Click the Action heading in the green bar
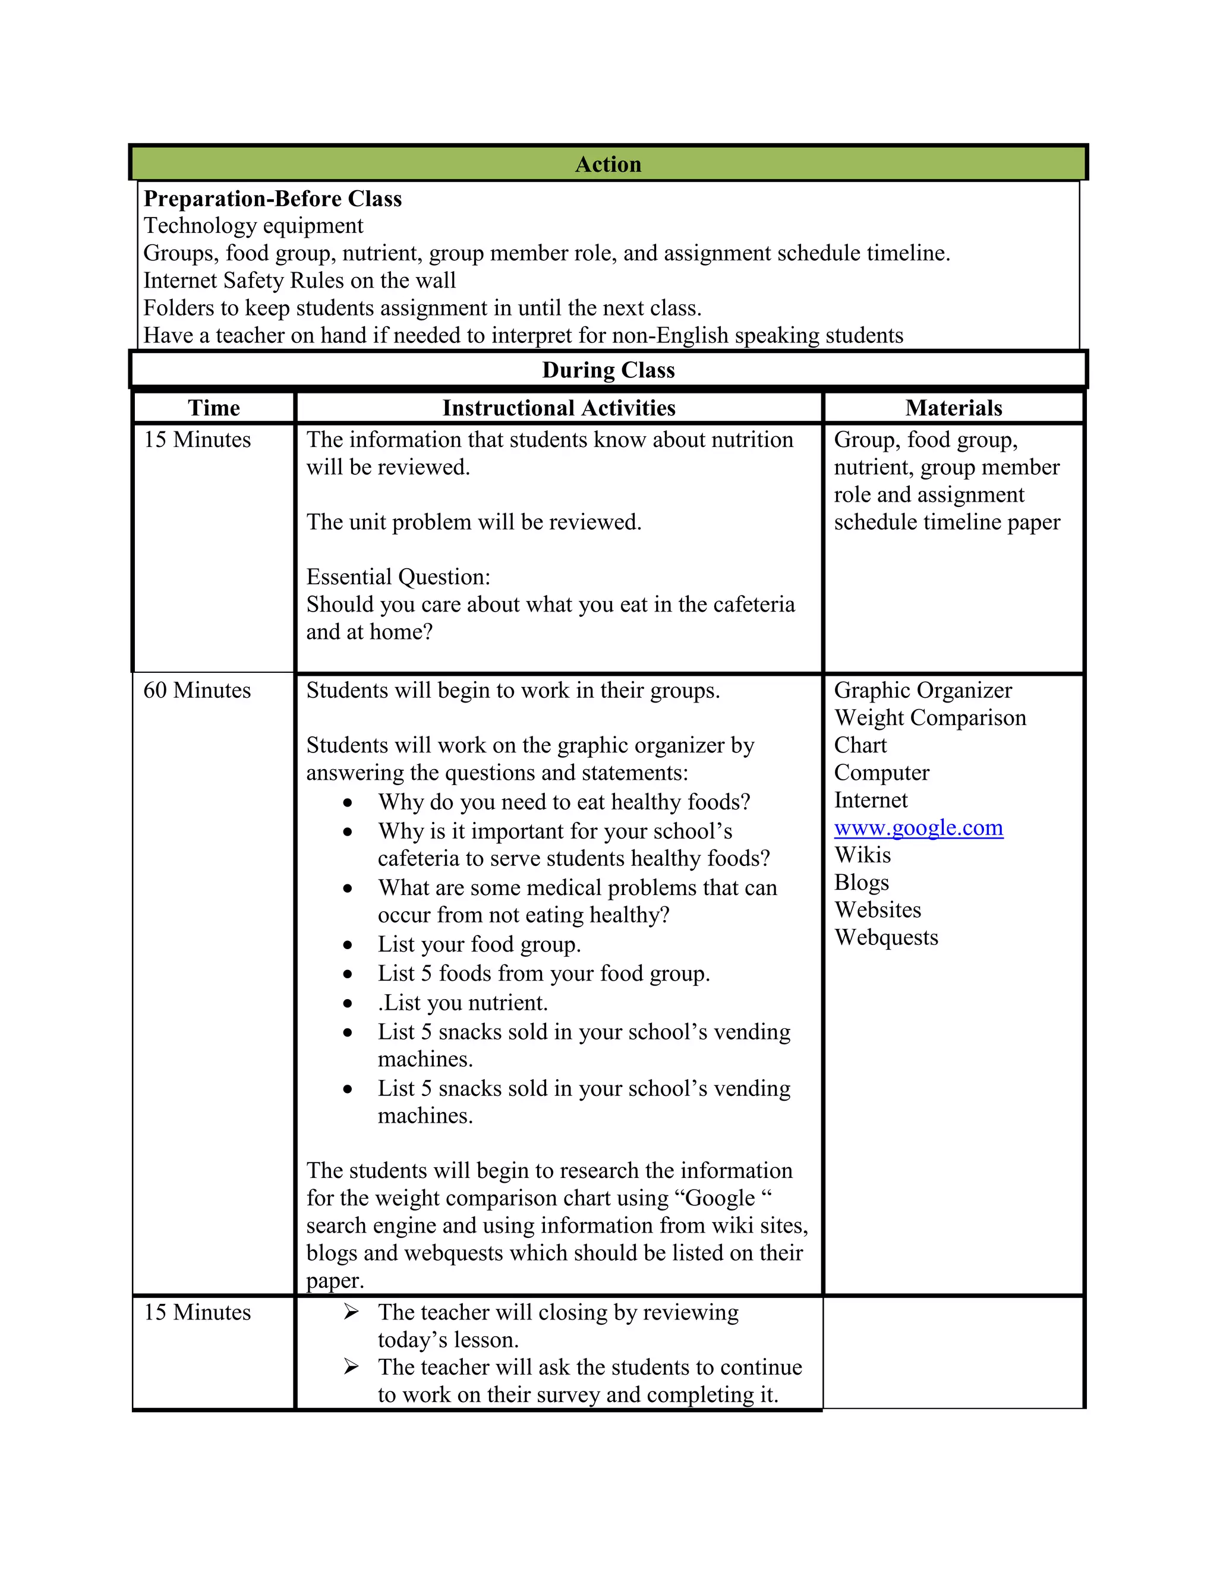tap(608, 165)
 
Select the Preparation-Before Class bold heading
tap(273, 199)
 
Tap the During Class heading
tap(608, 370)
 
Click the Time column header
tap(213, 408)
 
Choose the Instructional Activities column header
tap(559, 408)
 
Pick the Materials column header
tap(953, 408)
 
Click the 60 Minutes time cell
tap(197, 690)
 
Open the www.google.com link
tap(918, 828)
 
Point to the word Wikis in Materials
tap(862, 855)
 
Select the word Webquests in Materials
tap(886, 937)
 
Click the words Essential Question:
tap(398, 577)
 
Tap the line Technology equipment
tap(253, 226)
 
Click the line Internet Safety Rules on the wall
tap(299, 281)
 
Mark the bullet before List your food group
tap(348, 946)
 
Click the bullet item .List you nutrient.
tap(463, 1003)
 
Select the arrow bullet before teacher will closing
tap(351, 1312)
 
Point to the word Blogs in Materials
tap(862, 883)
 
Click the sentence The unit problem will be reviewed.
tap(474, 522)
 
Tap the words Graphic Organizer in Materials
tap(923, 690)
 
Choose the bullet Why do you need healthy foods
tap(564, 802)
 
